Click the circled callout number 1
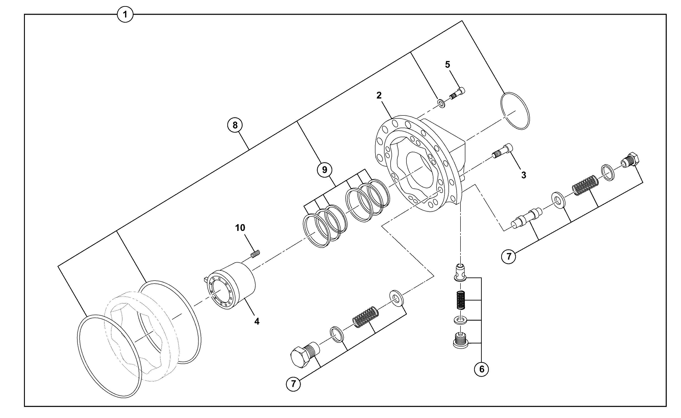[125, 14]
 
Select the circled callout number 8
[235, 125]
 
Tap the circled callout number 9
[325, 169]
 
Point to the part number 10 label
[240, 228]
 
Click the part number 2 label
[379, 95]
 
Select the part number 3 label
[524, 175]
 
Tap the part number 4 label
[257, 321]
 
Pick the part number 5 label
[447, 64]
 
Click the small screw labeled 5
[457, 94]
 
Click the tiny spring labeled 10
[255, 254]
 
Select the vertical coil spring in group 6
[460, 300]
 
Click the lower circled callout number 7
[293, 384]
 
